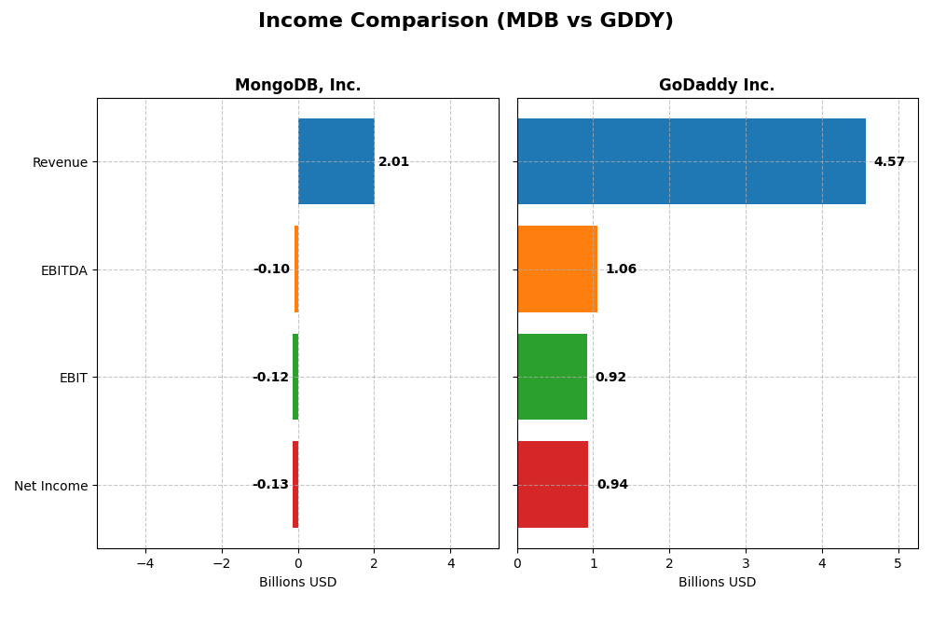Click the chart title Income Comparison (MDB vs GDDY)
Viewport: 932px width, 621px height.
click(x=465, y=21)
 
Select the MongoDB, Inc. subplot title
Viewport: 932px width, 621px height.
click(x=297, y=86)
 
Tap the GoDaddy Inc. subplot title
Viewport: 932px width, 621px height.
click(x=717, y=86)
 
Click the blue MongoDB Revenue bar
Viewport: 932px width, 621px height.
click(x=336, y=161)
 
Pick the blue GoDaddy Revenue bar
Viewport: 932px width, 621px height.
click(x=691, y=161)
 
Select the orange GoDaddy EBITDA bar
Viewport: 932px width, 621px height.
click(x=557, y=269)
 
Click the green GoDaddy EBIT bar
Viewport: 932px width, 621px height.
click(x=552, y=377)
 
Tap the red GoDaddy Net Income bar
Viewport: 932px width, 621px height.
click(x=553, y=485)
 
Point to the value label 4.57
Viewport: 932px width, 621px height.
click(x=889, y=162)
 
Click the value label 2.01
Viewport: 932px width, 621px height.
click(x=393, y=162)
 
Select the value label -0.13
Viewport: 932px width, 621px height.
click(x=270, y=485)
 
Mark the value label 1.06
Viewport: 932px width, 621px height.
click(x=621, y=269)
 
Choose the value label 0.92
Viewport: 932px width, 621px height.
click(x=610, y=378)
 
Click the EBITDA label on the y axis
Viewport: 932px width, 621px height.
click(x=63, y=270)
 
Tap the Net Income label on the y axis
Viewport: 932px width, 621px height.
click(x=50, y=486)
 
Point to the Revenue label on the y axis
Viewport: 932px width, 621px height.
click(x=60, y=163)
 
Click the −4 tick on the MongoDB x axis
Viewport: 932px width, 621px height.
click(x=145, y=564)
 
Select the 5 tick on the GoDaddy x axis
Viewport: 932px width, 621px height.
click(x=898, y=564)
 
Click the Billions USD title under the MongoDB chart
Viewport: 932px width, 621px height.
click(x=297, y=583)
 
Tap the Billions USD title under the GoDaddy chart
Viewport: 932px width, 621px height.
click(x=717, y=583)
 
